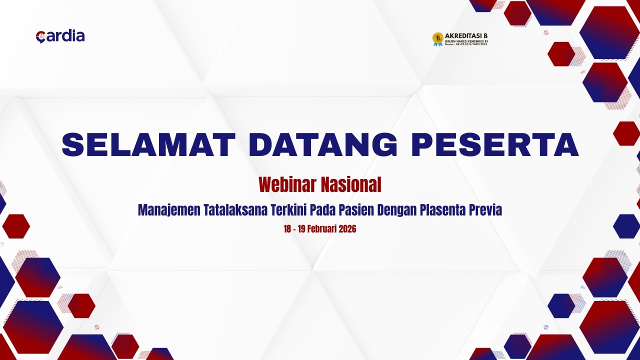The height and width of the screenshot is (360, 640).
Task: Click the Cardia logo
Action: (x=60, y=36)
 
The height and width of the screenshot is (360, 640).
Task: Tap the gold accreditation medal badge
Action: (x=437, y=39)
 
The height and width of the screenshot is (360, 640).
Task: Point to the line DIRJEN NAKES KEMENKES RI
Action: (x=465, y=41)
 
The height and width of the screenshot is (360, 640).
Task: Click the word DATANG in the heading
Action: (x=323, y=145)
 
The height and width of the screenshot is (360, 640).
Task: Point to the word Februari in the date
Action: (x=320, y=229)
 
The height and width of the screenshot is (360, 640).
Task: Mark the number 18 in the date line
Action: (x=287, y=229)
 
